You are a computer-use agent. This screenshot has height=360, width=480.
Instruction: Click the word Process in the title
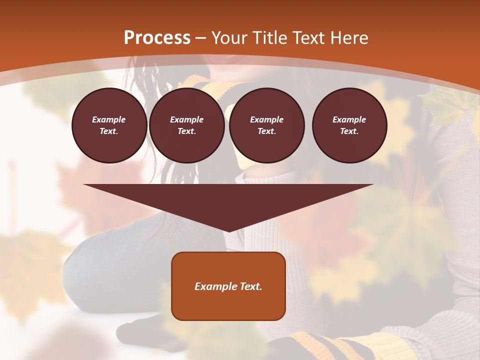(157, 38)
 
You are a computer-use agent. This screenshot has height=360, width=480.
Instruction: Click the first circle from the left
(109, 125)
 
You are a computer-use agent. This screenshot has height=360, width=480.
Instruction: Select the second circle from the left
(186, 125)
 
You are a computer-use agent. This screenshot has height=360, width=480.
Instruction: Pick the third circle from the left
(266, 125)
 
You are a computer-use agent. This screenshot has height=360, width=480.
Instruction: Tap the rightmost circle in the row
(349, 125)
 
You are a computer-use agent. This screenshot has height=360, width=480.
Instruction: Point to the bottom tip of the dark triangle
(228, 231)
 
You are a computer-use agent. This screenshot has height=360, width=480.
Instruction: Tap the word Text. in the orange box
(250, 286)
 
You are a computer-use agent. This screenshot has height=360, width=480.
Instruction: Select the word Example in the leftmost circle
(109, 119)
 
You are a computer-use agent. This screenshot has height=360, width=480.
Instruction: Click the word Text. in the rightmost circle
(349, 131)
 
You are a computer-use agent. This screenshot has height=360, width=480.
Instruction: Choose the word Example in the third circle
(266, 119)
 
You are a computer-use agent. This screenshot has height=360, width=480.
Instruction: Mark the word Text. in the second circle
(186, 131)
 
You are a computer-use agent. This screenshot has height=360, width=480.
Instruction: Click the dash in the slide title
(200, 38)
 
